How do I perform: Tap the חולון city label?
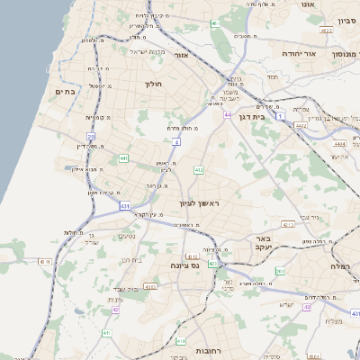(x=152, y=84)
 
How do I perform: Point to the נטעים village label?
(x=128, y=236)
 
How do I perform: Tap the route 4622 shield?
(x=301, y=126)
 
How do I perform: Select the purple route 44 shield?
(x=229, y=115)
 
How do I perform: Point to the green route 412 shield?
(x=199, y=169)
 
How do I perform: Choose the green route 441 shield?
(x=123, y=158)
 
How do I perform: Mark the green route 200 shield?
(x=280, y=270)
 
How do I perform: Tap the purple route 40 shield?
(x=307, y=307)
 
